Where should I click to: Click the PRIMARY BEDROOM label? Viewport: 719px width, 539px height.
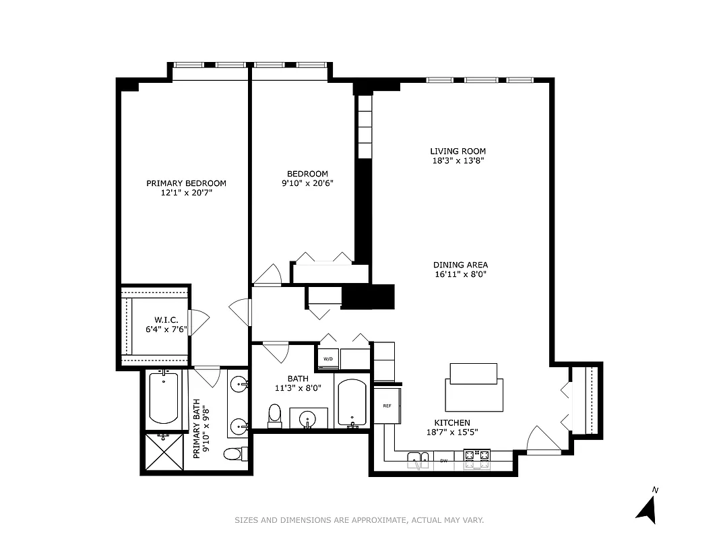[x=186, y=183]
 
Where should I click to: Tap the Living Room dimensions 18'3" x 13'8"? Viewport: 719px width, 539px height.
[x=458, y=161]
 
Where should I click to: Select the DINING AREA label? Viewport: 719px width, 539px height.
[x=460, y=265]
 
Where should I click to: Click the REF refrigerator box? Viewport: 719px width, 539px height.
[x=387, y=406]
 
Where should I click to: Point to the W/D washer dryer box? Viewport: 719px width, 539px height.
[x=328, y=358]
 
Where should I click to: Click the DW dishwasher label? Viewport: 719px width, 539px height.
[x=444, y=461]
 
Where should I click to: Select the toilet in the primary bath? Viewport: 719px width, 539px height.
[x=232, y=454]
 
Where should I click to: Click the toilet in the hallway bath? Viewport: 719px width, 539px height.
[x=274, y=416]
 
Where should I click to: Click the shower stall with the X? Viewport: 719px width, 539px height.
[x=164, y=452]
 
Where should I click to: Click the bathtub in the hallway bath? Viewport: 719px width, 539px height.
[x=351, y=404]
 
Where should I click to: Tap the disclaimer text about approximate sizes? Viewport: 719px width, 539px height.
[x=359, y=520]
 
